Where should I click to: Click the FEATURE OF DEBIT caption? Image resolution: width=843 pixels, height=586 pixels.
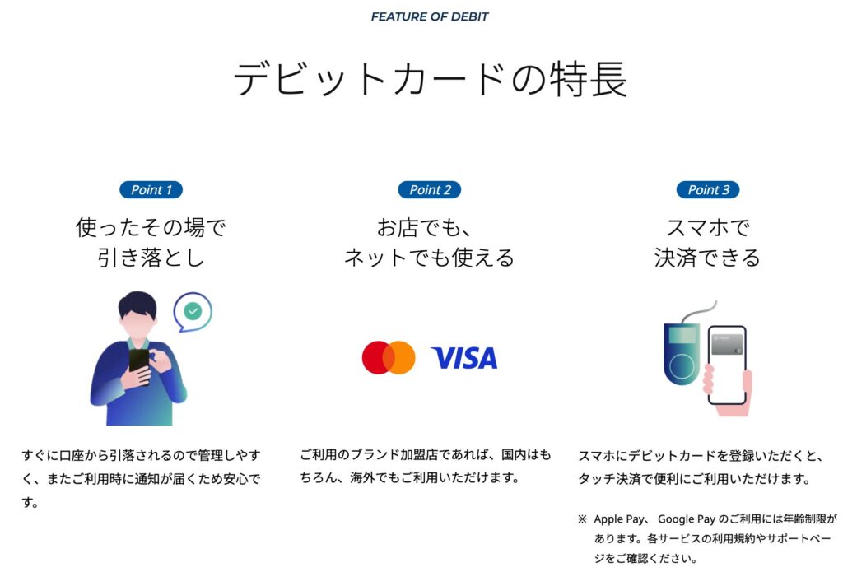430,16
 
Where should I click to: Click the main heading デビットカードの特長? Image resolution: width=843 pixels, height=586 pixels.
430,79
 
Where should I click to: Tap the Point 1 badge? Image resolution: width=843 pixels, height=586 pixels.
151,190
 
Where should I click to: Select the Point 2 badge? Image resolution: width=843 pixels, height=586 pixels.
430,190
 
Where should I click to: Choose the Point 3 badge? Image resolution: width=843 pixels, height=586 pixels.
708,190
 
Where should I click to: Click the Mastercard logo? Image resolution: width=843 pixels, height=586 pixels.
389,357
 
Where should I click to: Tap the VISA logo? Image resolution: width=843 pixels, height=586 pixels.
464,358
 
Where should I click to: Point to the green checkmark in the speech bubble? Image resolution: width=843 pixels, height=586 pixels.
193,311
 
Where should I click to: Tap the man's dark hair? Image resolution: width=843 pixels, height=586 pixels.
137,305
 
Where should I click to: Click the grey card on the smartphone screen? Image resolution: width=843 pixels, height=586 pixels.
727,345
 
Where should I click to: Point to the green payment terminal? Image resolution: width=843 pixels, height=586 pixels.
682,356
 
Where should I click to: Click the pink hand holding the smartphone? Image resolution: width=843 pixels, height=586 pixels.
729,392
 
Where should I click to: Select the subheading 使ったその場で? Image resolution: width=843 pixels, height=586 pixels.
151,227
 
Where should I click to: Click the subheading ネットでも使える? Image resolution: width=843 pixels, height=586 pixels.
429,258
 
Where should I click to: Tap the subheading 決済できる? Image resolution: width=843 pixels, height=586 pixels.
707,258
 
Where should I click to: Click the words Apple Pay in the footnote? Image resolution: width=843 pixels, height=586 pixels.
618,519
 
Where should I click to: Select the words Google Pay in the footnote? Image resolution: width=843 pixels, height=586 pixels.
687,519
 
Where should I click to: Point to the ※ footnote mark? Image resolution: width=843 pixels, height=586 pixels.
582,519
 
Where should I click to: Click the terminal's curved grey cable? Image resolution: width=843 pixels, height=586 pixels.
699,312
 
